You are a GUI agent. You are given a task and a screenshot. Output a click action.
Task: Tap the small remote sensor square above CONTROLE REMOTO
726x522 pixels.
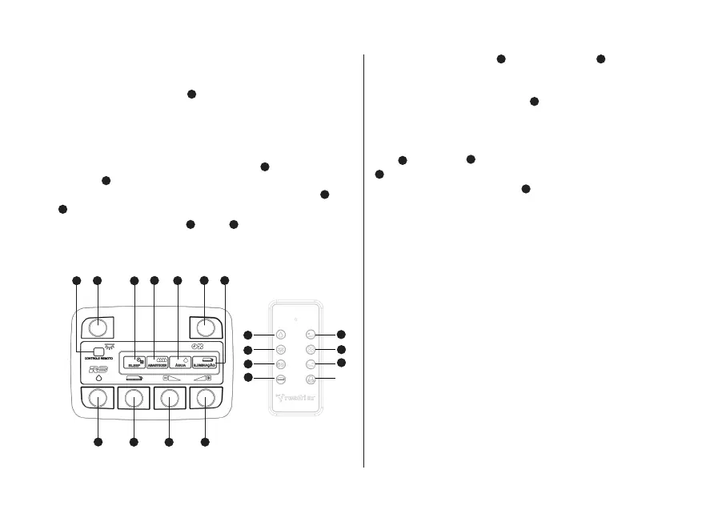coord(98,351)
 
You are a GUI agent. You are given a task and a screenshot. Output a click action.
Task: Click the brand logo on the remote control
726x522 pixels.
coord(296,396)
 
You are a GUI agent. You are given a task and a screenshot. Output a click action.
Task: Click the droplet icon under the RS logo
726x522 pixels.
coord(98,379)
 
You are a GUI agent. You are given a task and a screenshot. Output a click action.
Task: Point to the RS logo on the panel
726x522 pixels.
coord(98,370)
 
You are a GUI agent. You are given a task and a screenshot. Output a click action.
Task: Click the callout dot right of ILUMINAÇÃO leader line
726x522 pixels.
coord(224,280)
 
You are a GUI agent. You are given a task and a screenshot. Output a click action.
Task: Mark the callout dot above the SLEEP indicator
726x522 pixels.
coord(134,280)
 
